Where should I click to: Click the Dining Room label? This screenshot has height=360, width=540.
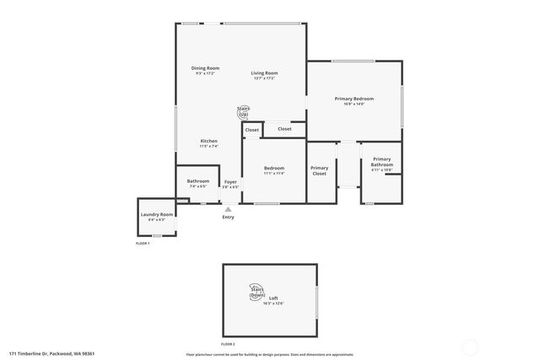coord(206,68)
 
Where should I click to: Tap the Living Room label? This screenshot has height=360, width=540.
coord(264,73)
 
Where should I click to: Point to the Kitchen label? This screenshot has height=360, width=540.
coord(208,141)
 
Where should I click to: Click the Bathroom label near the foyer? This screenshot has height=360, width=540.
coord(198,180)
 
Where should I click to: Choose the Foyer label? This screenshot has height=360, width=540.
coord(230,181)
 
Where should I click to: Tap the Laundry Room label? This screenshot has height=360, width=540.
coord(157,214)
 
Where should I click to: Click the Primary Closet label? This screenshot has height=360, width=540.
coord(319,170)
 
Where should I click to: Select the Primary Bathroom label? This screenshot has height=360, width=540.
coord(381,162)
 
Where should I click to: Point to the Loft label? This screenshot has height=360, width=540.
coord(273,298)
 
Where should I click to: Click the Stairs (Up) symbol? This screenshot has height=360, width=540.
coord(243,111)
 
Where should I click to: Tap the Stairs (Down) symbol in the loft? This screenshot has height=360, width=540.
coord(257,293)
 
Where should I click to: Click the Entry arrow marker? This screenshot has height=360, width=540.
coord(228,209)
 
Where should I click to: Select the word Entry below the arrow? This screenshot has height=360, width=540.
coord(228,218)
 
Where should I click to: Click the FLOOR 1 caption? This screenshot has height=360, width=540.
coord(143,244)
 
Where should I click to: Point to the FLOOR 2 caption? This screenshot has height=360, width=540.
coord(228,344)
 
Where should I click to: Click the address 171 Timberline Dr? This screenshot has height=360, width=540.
coord(51,353)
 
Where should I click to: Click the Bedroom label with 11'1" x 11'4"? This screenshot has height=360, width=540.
coord(273,169)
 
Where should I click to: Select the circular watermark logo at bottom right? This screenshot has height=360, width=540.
coord(470,346)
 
